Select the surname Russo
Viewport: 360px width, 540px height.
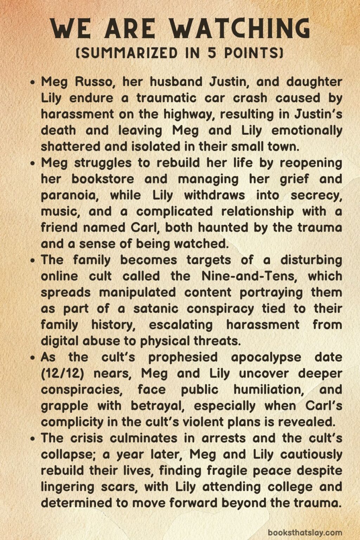pos(94,82)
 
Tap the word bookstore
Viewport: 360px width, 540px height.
pos(103,179)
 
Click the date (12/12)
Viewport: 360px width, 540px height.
pos(62,373)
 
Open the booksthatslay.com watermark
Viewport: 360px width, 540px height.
pos(305,532)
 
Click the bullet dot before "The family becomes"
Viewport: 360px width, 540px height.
pos(33,261)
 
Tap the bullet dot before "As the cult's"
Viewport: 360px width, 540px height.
pos(33,358)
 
